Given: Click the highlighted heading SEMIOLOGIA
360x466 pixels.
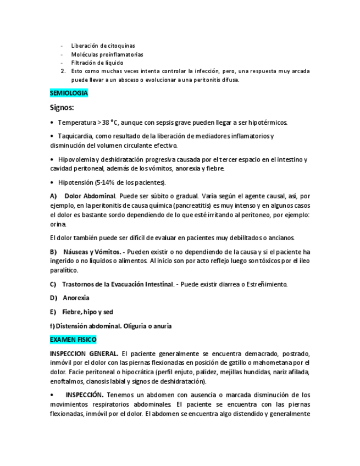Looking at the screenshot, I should tap(69, 93).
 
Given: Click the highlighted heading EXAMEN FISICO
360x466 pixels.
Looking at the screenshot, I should tap(73, 340).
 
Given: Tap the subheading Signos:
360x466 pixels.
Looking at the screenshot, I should tap(62, 108).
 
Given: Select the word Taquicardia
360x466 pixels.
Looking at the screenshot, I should tap(75, 136).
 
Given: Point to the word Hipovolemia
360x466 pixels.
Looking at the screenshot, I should tap(77, 159).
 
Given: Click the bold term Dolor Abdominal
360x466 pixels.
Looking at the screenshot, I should tap(90, 196).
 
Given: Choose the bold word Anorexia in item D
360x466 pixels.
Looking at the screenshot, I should tap(76, 298).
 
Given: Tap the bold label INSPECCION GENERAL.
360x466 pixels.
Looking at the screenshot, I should tap(84, 353).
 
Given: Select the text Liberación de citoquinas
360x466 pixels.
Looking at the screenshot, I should tap(103, 46).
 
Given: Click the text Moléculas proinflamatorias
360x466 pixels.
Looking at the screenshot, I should tap(107, 54).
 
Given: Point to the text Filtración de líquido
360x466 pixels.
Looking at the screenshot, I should tap(97, 63).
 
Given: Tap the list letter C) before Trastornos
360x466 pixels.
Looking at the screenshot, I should tap(53, 284).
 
